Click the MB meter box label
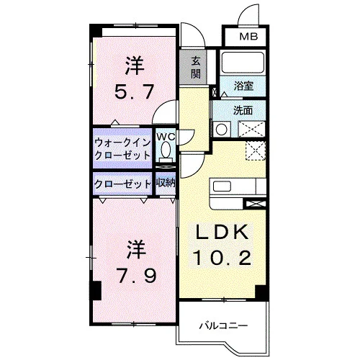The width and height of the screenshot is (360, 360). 248,37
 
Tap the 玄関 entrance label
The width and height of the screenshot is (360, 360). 196,68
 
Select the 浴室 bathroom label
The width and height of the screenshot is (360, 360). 243,86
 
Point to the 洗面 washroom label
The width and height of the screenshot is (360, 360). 243,110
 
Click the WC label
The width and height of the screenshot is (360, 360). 166,137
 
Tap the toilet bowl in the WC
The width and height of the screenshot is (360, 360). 166,150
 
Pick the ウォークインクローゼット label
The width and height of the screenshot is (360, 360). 122,149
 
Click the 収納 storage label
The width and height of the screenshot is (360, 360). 166,183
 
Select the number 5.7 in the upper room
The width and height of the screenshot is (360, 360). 134,92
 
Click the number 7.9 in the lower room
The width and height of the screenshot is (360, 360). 136,276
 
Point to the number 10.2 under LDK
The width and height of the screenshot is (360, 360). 223,258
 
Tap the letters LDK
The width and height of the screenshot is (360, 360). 222,232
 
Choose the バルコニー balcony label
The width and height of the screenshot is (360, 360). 224,326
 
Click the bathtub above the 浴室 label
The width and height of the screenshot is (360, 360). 243,62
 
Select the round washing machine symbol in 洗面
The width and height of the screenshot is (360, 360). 221,130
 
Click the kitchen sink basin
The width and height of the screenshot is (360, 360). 222,186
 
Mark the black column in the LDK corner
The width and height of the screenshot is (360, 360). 261,292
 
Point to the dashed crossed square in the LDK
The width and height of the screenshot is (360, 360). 256,150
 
